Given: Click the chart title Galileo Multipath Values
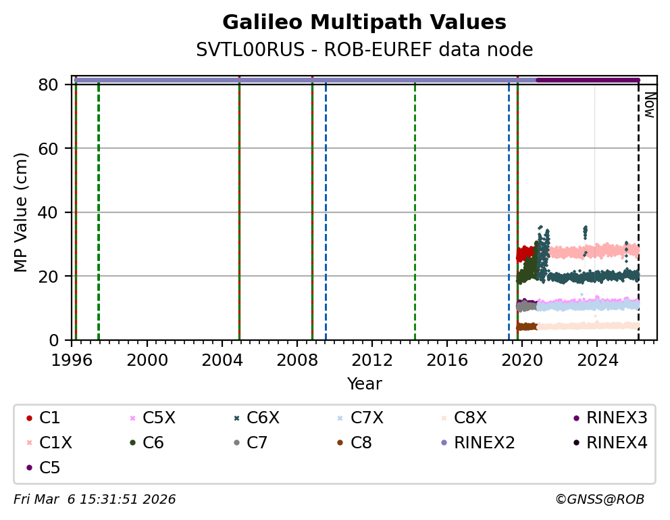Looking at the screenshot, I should [364, 22].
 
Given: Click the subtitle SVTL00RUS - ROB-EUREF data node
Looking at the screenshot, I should [364, 50].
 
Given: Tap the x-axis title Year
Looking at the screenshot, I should [364, 384].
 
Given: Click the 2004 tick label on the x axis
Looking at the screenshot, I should [222, 360].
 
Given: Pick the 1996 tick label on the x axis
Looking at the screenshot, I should [72, 360].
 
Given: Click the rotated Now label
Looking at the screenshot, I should [649, 105].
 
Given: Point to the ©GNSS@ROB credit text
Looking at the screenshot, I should [600, 500].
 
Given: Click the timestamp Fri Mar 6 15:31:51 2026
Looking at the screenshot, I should [95, 500].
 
